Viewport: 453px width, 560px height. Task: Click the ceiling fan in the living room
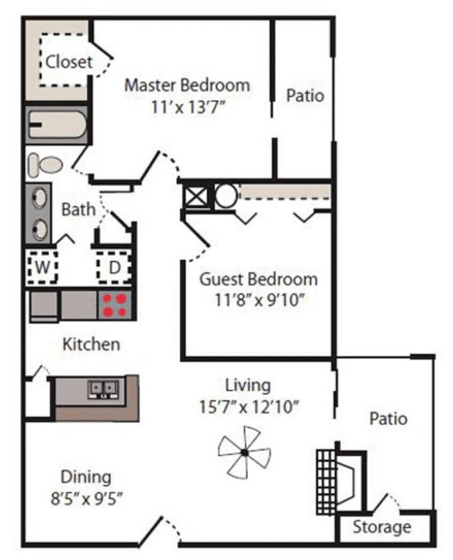(x=244, y=452)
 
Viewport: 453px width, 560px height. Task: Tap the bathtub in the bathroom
(x=57, y=125)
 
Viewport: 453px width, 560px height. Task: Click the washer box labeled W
(x=42, y=268)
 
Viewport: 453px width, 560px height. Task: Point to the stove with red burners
(x=116, y=305)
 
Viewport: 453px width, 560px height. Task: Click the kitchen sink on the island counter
(x=104, y=389)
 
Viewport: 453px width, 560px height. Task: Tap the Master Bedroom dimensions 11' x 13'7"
(x=188, y=107)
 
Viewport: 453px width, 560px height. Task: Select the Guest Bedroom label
(x=258, y=278)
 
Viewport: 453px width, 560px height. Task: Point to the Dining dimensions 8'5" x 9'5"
(x=86, y=497)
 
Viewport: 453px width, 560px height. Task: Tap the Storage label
(x=381, y=528)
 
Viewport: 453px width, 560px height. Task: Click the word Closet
(x=69, y=62)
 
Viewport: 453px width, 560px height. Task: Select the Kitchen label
(x=91, y=344)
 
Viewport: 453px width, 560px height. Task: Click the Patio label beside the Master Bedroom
(x=305, y=96)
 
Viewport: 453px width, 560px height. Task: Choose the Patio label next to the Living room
(x=388, y=419)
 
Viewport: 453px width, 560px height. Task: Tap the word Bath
(x=78, y=210)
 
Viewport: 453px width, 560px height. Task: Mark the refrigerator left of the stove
(x=45, y=306)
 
